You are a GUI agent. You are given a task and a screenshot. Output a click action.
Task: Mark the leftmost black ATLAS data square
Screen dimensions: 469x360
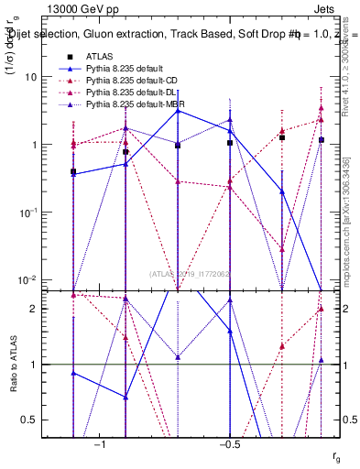coord(73,171)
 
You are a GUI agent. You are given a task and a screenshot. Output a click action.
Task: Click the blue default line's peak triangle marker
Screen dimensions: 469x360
coord(178,110)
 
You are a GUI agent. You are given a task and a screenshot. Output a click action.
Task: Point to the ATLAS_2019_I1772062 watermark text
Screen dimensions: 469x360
coord(190,273)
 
